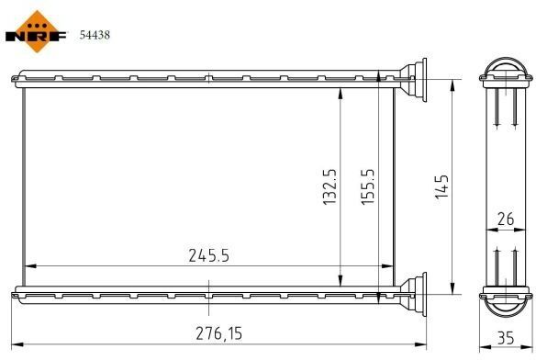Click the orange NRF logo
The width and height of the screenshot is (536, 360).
pos(37,32)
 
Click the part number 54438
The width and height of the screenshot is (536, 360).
pos(95,35)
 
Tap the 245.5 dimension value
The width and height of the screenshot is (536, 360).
pos(209,255)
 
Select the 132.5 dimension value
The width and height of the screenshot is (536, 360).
pos(329,186)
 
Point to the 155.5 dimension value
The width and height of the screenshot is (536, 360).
pos(368,186)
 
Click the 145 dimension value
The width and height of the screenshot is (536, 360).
pos(441,186)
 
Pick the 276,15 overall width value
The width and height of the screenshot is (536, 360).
pos(219,333)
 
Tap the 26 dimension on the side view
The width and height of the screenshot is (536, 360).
pos(506,219)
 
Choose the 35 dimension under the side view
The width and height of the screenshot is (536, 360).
pos(506,338)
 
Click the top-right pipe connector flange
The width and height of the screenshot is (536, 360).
pos(414,79)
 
